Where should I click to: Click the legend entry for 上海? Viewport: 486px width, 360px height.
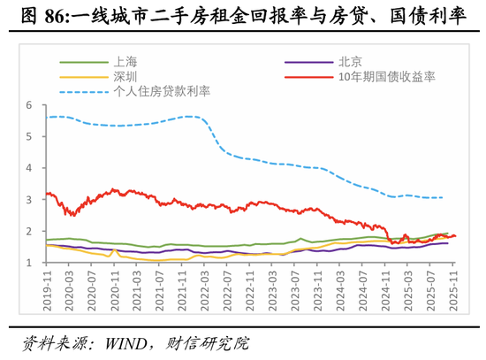click(x=124, y=63)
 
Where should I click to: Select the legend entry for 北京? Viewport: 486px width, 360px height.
click(x=349, y=63)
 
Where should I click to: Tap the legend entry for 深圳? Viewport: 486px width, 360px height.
click(x=124, y=76)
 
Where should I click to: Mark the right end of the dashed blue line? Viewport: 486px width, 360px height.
click(x=443, y=197)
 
